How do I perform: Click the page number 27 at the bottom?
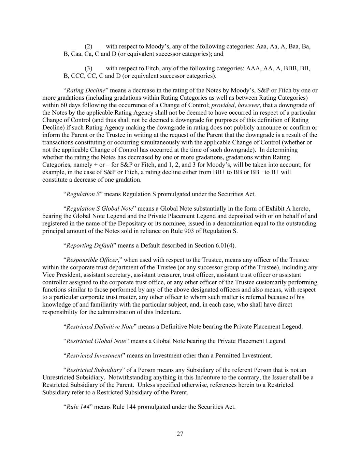coord(180,434)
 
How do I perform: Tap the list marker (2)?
coord(88,46)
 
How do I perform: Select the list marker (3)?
coord(88,68)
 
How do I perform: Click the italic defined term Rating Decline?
coord(86,90)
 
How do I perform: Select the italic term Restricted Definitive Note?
coord(100,327)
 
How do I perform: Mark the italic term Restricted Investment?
coord(94,356)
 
